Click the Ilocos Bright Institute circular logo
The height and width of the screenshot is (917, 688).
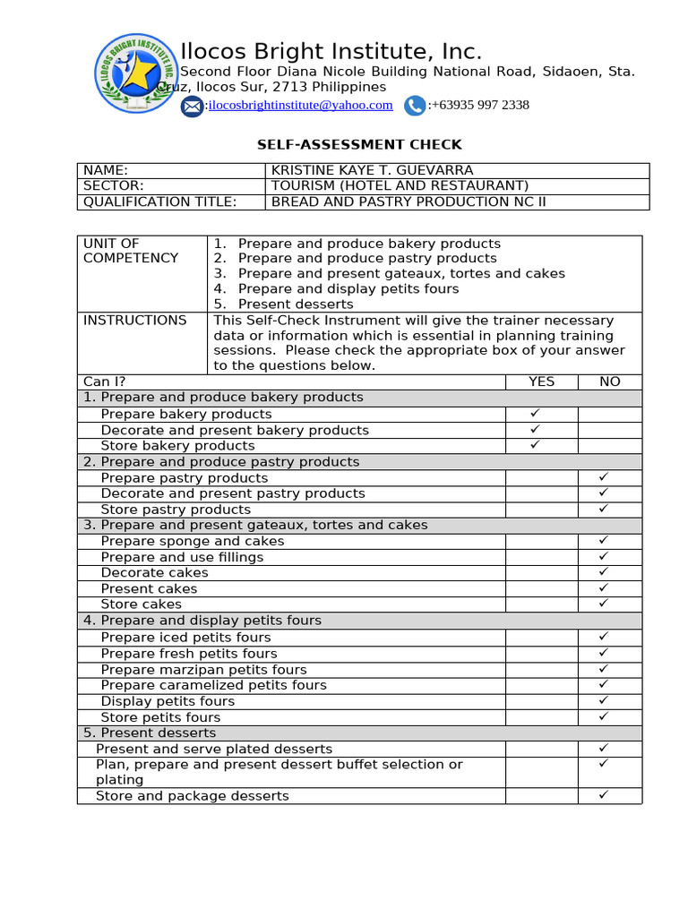pyautogui.click(x=136, y=74)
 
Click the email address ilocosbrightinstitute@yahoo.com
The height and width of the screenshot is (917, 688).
pyautogui.click(x=300, y=105)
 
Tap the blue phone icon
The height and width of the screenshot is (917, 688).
pyautogui.click(x=414, y=106)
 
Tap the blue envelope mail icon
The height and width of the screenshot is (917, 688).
pyautogui.click(x=192, y=107)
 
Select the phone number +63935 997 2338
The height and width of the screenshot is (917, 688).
pyautogui.click(x=479, y=105)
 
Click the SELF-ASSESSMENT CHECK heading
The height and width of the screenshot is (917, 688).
pyautogui.click(x=360, y=144)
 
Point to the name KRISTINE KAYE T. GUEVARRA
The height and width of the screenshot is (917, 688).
pyautogui.click(x=372, y=170)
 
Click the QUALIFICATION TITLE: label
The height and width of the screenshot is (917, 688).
pyautogui.click(x=160, y=201)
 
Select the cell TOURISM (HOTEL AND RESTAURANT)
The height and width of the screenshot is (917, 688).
pyautogui.click(x=400, y=185)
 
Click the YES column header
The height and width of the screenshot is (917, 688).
pyautogui.click(x=541, y=381)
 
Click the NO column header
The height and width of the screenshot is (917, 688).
pyautogui.click(x=609, y=381)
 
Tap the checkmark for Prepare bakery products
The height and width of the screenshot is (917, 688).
pyautogui.click(x=535, y=414)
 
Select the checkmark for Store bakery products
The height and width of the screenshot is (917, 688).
pyautogui.click(x=535, y=445)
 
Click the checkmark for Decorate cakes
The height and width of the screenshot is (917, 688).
pyautogui.click(x=604, y=572)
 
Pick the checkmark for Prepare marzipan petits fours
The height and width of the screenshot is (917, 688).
pyautogui.click(x=604, y=669)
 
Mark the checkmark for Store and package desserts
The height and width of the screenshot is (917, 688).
pyautogui.click(x=604, y=795)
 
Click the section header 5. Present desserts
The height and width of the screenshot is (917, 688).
pyautogui.click(x=138, y=733)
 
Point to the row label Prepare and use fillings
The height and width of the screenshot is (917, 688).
pyautogui.click(x=182, y=557)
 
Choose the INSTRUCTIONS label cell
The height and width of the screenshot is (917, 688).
pyautogui.click(x=135, y=321)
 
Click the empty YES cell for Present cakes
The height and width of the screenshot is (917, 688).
pyautogui.click(x=541, y=588)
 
